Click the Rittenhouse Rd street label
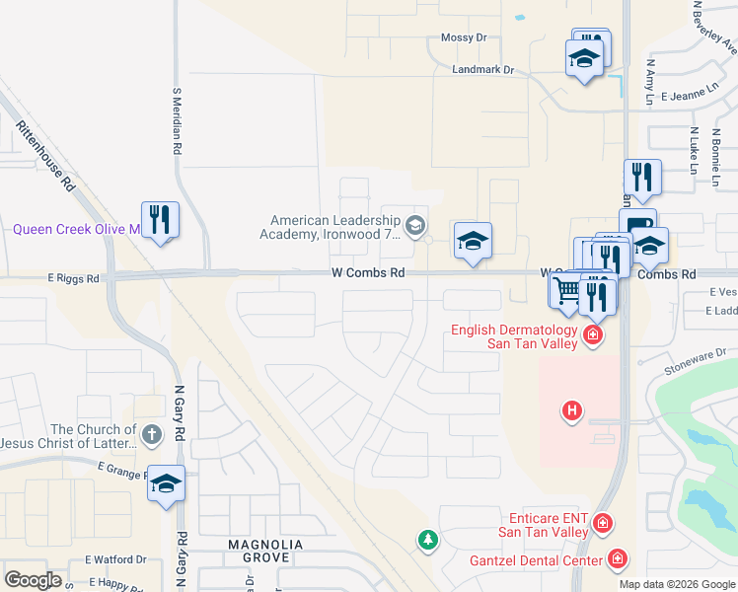pos(45,156)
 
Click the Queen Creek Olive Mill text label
pos(77,229)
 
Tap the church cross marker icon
pos(151,434)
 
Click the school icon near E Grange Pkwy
pos(166,483)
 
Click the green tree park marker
pos(426,540)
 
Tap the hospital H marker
pos(571,409)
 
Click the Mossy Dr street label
pos(464,37)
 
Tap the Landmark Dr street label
pos(483,70)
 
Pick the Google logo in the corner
pos(33,579)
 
